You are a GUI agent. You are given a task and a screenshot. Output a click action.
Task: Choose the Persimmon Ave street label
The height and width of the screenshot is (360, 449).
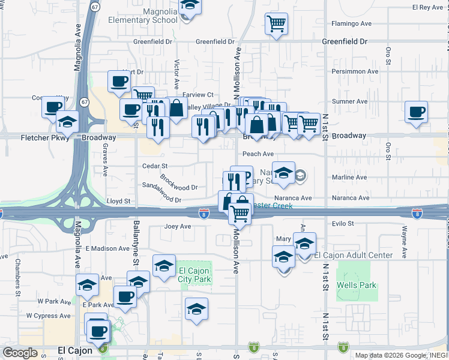355,71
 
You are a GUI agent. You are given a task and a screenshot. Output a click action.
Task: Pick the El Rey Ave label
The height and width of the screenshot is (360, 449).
427,7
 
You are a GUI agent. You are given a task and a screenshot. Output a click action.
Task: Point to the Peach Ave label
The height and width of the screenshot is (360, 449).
255,154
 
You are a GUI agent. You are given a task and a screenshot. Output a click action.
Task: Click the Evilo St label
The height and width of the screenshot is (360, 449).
343,224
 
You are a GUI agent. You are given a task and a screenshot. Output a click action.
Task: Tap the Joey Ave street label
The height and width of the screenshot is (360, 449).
178,227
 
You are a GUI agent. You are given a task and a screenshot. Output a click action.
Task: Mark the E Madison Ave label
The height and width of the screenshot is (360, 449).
107,248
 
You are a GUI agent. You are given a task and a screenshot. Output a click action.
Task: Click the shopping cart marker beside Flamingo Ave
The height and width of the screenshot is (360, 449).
276,24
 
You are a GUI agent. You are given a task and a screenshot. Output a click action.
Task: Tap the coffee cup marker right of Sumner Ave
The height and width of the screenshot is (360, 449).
416,112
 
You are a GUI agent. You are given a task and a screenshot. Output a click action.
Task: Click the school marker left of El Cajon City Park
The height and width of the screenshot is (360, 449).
164,265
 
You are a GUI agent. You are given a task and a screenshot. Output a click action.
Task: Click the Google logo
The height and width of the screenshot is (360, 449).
20,353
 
